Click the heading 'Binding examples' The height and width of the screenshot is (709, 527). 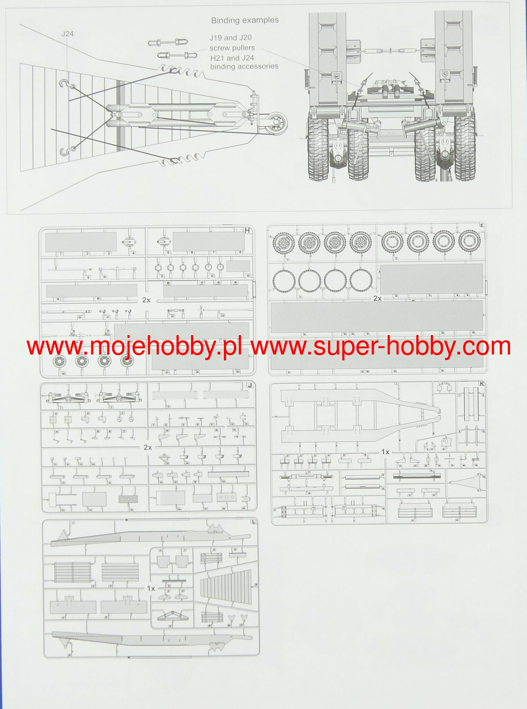(x=245, y=20)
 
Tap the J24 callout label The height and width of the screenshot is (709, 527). (x=67, y=34)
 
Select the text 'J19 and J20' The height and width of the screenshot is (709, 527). (x=230, y=38)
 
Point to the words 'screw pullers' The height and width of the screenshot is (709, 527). (x=232, y=48)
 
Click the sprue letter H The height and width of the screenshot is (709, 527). (x=247, y=230)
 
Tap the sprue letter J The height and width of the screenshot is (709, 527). (x=249, y=385)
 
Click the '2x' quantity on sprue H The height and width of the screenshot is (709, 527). (x=146, y=300)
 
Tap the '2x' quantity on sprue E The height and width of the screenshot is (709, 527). (x=377, y=298)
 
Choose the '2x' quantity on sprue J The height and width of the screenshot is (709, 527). (x=148, y=447)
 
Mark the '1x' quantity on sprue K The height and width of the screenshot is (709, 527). (x=385, y=452)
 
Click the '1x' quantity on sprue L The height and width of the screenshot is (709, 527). (x=151, y=588)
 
